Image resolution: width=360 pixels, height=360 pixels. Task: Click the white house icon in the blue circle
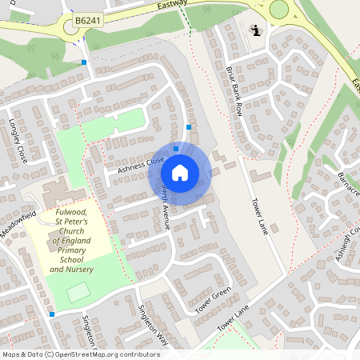pyautogui.click(x=180, y=172)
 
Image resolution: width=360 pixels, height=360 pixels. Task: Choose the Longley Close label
pyautogui.click(x=17, y=142)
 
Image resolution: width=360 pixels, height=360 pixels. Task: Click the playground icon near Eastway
pyautogui.click(x=255, y=31)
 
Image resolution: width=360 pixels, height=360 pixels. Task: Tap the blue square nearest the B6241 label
pyautogui.click(x=84, y=62)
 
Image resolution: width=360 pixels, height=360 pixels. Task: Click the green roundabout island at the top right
pyautogui.click(x=278, y=10)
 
